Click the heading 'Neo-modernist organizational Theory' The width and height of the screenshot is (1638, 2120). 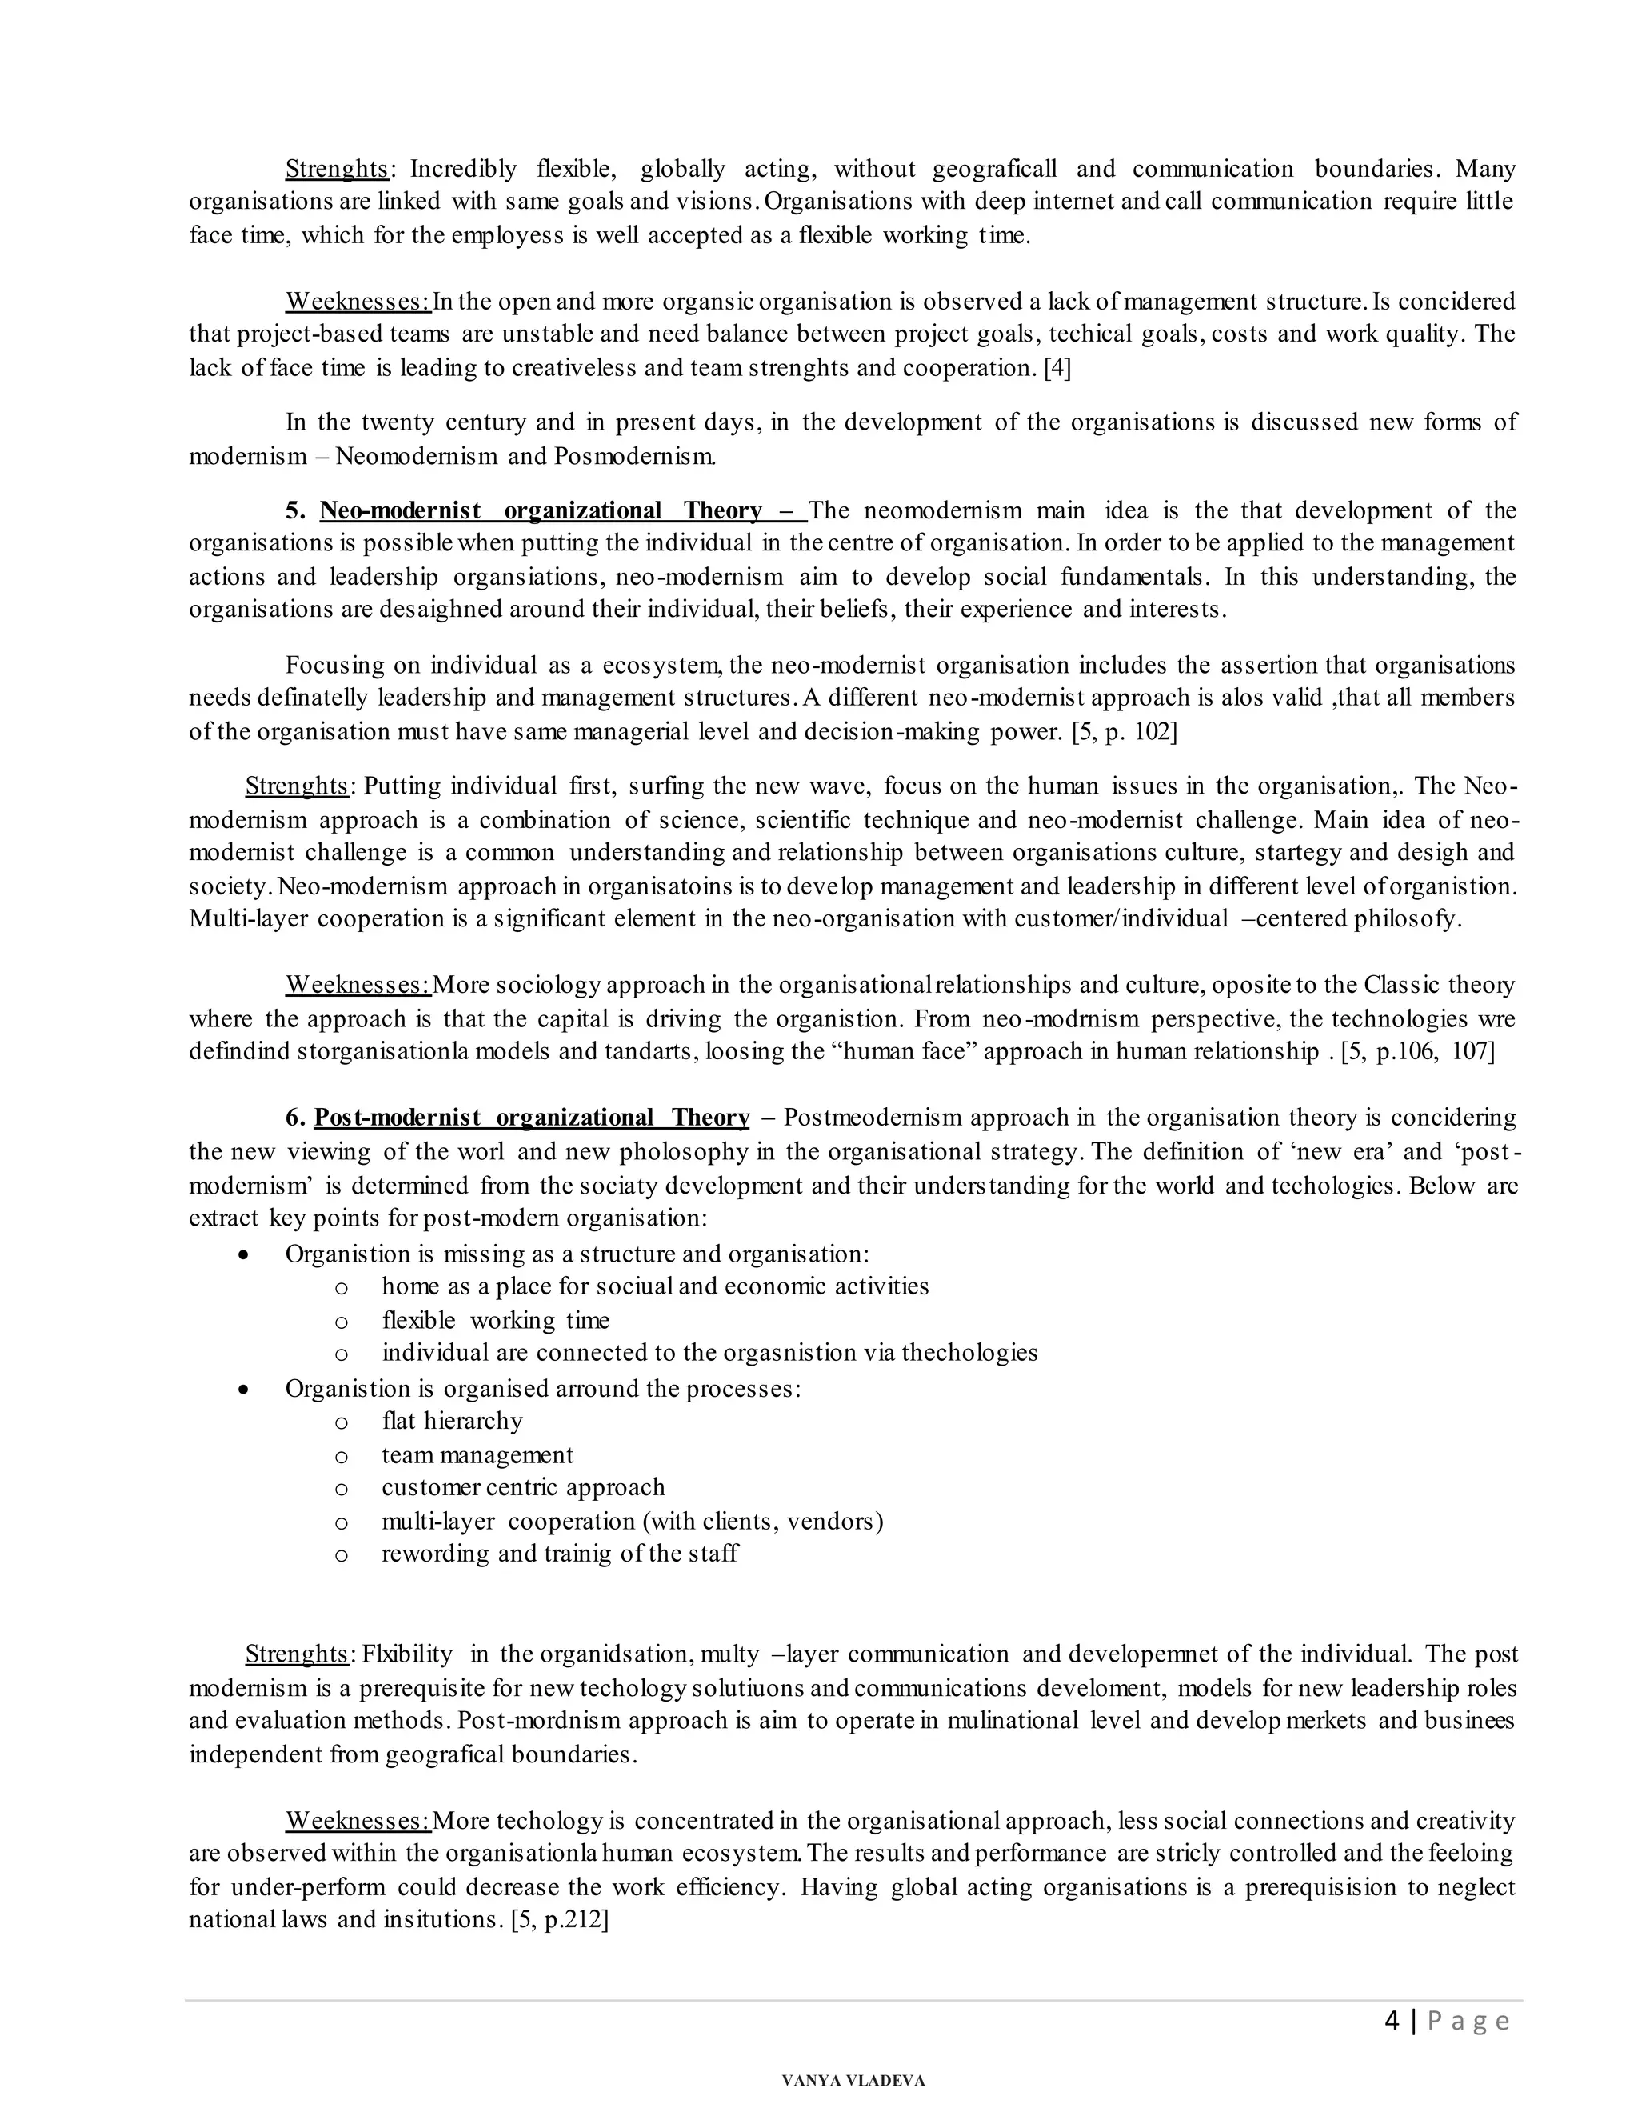coord(541,510)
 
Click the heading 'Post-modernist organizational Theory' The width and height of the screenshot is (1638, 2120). coord(531,1118)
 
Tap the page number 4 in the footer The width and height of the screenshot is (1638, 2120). coord(1392,2022)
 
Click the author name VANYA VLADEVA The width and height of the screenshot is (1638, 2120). coord(853,2080)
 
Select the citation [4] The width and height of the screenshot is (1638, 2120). coord(1057,368)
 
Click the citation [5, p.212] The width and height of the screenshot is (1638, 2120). coord(559,1919)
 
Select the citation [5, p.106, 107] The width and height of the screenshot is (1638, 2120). coord(1418,1051)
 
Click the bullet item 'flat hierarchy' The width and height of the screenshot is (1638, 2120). coord(452,1421)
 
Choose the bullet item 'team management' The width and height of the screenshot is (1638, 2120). coord(477,1455)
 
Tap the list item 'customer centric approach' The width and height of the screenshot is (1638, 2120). coord(523,1487)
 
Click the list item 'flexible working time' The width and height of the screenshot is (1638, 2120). coord(496,1320)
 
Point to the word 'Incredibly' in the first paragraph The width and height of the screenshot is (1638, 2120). coord(464,169)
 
